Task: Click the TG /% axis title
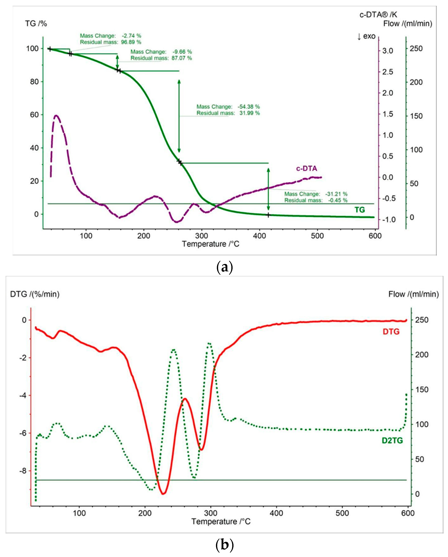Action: pos(36,24)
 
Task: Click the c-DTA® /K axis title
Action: pos(378,15)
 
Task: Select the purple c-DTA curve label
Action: pos(306,168)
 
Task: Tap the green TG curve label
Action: pos(359,210)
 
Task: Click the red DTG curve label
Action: pos(391,332)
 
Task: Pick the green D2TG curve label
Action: pos(392,441)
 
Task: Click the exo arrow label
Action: pos(366,36)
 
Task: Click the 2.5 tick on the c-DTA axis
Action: pos(388,72)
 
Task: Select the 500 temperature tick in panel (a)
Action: pos(317,236)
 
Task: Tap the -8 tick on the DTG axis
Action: pos(23,471)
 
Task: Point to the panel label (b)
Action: pos(224,545)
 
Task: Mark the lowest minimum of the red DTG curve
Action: pos(163,494)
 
